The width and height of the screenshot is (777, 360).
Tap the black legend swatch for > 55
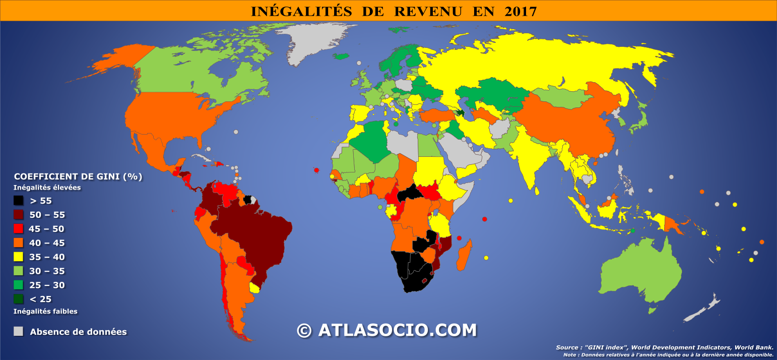19,201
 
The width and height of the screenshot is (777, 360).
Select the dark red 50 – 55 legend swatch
19,215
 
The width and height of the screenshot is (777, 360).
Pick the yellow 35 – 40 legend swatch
19,257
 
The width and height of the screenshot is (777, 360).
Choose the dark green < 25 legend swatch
19,299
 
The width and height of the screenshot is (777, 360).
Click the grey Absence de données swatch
19,331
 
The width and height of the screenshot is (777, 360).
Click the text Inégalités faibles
45,311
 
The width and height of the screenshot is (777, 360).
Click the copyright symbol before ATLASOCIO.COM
304,331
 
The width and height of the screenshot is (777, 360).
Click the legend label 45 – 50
47,229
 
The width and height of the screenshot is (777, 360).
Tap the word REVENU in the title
428,11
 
